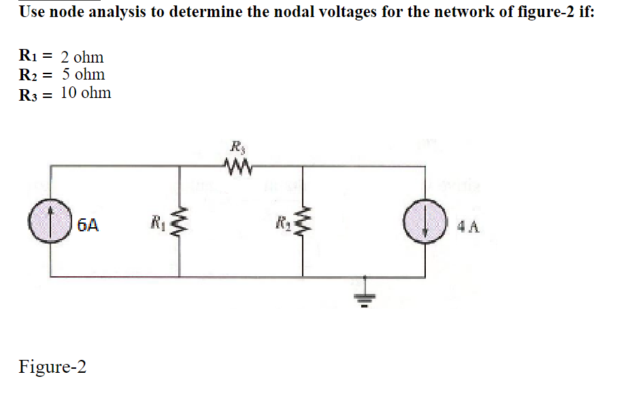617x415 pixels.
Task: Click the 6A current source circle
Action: coord(52,223)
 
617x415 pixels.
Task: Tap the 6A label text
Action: coord(88,224)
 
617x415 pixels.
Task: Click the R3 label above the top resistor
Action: coord(236,145)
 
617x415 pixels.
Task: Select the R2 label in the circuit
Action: coord(281,220)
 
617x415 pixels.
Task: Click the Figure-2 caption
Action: coord(52,367)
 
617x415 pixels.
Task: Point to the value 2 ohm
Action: coord(82,57)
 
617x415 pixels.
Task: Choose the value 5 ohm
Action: coord(82,74)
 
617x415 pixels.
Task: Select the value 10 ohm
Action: coord(86,93)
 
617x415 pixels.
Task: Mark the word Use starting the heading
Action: coord(31,13)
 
